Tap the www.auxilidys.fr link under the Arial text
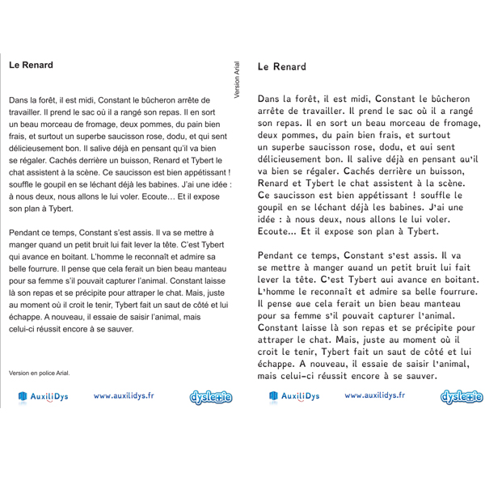tap(127, 396)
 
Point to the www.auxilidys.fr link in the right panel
tap(374, 396)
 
